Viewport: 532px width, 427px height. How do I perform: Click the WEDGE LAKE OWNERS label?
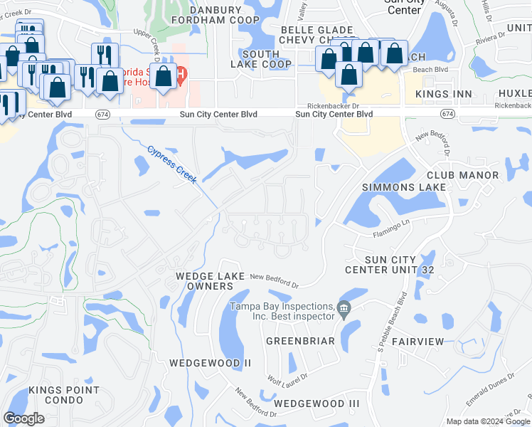pos(210,280)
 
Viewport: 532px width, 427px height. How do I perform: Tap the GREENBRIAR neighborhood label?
pos(300,341)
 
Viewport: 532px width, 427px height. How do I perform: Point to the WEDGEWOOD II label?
pos(211,363)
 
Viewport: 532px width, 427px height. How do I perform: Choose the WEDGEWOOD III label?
pos(316,404)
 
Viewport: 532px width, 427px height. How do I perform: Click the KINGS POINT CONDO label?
pos(63,395)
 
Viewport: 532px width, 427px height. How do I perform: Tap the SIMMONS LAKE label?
pos(404,187)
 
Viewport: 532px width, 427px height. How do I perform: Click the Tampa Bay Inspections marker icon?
pos(345,308)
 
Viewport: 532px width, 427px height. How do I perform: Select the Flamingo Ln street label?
pos(391,228)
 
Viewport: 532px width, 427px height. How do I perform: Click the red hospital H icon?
pos(182,73)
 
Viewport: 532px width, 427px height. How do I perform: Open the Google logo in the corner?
pos(24,418)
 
